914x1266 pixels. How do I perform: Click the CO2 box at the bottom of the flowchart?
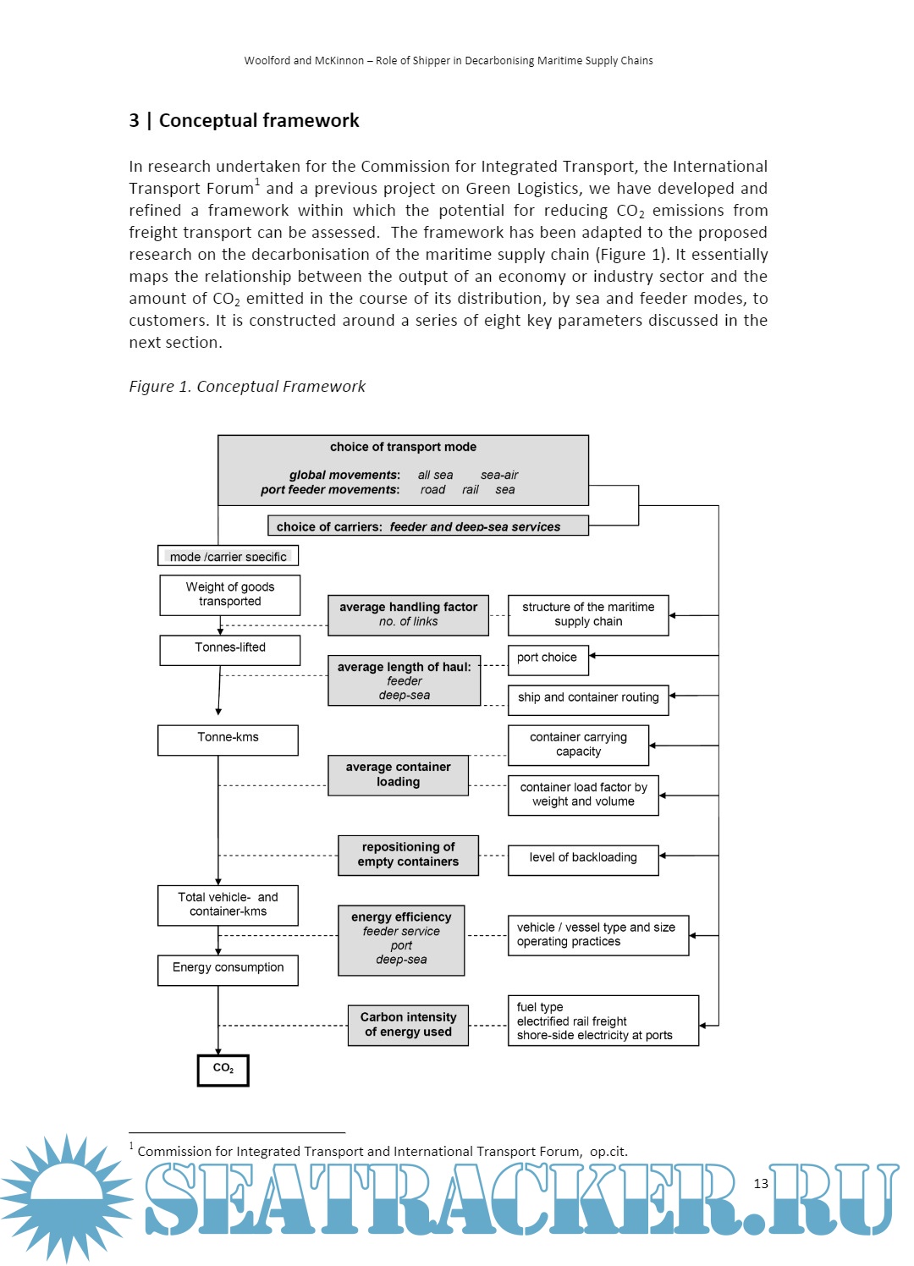tap(223, 1070)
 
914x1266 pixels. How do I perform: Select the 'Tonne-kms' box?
tap(228, 740)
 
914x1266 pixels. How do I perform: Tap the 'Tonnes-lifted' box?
tap(229, 650)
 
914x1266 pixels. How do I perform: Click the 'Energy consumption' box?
tap(228, 970)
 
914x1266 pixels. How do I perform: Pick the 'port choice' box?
tap(548, 659)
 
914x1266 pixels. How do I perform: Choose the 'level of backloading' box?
tap(583, 859)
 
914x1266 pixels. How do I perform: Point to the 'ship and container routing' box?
tap(588, 699)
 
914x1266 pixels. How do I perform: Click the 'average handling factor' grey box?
tap(408, 615)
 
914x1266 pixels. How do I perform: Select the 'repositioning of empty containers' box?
tap(408, 856)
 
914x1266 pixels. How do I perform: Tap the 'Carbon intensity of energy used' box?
tap(408, 1025)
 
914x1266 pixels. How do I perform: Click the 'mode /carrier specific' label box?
tap(228, 556)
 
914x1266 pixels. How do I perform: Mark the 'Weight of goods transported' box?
tap(229, 595)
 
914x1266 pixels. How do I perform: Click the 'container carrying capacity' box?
tap(578, 745)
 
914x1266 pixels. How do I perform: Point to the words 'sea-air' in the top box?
tap(499, 476)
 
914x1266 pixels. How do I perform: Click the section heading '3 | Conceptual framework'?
tap(244, 121)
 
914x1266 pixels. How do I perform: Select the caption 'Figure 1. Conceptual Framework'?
tap(247, 387)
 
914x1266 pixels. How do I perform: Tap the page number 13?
tap(761, 1184)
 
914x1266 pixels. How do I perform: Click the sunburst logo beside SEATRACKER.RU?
tap(66, 1197)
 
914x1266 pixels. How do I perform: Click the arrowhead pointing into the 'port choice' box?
tap(592, 656)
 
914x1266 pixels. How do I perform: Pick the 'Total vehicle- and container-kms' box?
tap(228, 905)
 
